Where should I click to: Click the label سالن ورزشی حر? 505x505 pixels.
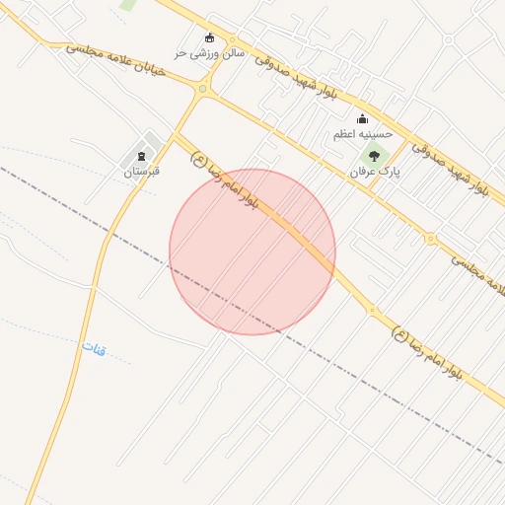tap(208, 52)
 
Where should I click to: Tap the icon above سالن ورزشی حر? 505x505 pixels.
tap(208, 38)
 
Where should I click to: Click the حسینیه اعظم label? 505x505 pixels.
tap(362, 134)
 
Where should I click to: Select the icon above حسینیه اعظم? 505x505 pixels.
tap(362, 119)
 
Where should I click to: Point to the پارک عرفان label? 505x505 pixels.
tap(375, 171)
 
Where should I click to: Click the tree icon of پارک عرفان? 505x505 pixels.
tap(374, 154)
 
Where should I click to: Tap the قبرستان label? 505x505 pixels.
tap(141, 172)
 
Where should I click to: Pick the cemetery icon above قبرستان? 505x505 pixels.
tap(141, 156)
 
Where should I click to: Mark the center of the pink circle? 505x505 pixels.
tap(252, 252)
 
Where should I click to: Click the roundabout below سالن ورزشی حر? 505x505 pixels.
tap(202, 89)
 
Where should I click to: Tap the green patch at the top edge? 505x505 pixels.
tap(128, 4)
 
